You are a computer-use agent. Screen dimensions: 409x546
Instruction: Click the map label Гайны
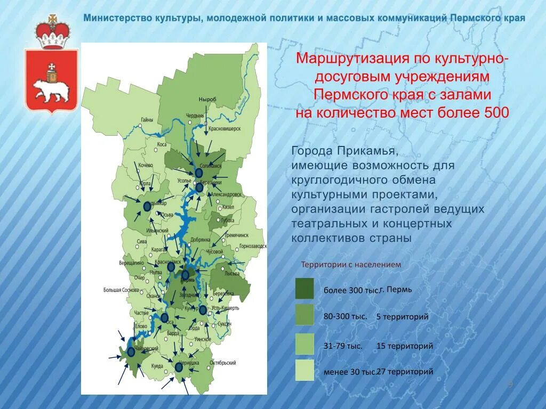148,120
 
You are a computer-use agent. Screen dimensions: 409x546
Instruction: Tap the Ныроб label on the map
207,100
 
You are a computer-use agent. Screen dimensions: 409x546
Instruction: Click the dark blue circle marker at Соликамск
199,173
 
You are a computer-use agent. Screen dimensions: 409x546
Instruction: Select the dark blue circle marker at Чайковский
131,351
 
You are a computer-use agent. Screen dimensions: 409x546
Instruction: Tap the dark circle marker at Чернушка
179,367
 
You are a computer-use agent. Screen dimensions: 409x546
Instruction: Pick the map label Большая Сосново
122,290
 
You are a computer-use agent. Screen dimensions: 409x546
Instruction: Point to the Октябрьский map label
223,363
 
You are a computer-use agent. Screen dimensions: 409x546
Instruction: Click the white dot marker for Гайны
140,126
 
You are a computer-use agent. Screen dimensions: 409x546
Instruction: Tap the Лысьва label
232,273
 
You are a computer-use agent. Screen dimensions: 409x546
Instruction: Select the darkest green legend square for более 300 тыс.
304,288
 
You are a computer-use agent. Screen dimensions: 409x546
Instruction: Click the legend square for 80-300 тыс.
304,315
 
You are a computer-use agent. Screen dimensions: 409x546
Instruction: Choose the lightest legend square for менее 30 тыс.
304,370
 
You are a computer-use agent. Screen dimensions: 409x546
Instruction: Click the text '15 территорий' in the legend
405,346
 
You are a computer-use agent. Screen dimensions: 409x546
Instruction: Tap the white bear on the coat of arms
51,89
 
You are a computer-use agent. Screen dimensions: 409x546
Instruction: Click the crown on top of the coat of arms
52,32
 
